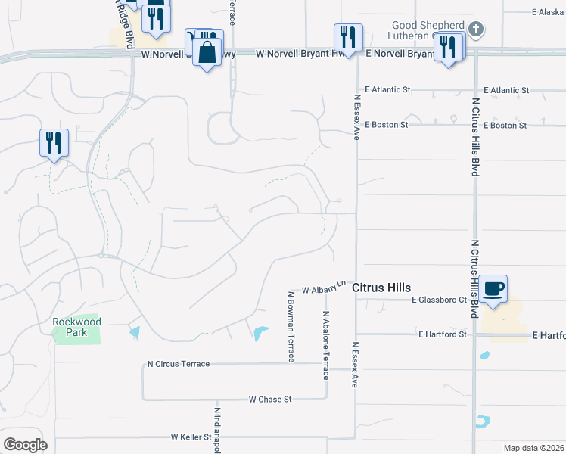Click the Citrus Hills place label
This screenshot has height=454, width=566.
click(x=381, y=288)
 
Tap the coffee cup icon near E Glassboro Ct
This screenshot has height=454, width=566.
click(x=493, y=289)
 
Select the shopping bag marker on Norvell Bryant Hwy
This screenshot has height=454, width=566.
click(x=207, y=52)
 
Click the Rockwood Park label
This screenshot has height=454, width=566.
click(x=76, y=327)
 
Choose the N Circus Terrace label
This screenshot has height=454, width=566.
click(x=179, y=364)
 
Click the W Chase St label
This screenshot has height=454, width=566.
click(x=270, y=399)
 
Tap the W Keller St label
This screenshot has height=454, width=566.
click(x=191, y=437)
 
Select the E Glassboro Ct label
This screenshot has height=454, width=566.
click(x=440, y=300)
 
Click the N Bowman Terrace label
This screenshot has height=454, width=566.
click(x=291, y=326)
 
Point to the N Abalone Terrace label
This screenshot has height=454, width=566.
click(x=326, y=345)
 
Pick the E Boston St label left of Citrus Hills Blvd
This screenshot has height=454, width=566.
click(x=387, y=124)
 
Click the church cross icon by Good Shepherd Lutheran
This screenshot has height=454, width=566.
click(x=475, y=30)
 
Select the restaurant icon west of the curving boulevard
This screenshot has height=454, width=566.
click(x=54, y=142)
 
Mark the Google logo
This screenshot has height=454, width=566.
click(x=25, y=444)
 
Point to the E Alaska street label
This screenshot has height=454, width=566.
click(x=546, y=12)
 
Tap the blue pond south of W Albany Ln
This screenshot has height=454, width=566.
click(x=260, y=333)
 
